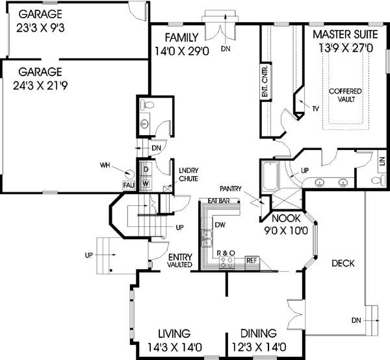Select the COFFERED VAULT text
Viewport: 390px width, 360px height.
345,95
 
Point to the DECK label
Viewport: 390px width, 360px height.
343,263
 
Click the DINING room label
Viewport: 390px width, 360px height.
258,333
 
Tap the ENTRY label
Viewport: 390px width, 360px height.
179,257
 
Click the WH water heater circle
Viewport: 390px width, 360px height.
129,174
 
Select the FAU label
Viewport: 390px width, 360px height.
129,186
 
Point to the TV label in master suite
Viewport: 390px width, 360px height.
316,108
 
